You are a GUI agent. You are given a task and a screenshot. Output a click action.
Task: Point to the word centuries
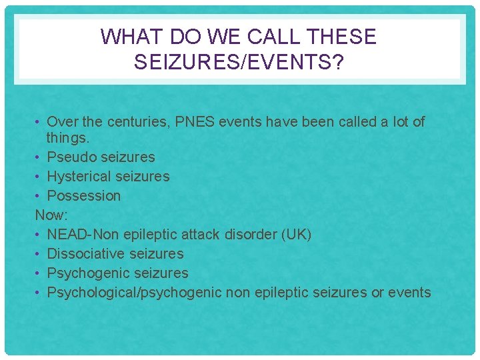click(125, 122)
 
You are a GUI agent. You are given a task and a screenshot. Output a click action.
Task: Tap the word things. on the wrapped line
click(68, 139)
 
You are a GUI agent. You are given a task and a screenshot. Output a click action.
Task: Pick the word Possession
click(84, 196)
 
